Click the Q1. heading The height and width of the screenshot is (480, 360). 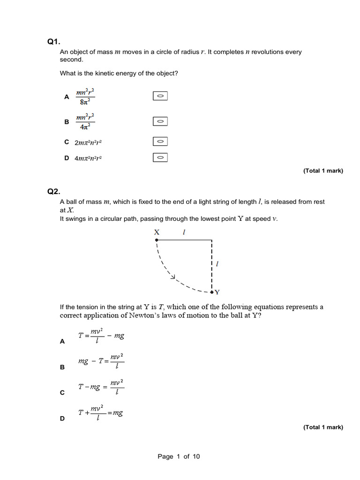54,42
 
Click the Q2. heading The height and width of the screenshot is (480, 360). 54,191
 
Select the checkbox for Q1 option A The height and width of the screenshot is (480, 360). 160,96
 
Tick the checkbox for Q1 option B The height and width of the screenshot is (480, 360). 160,121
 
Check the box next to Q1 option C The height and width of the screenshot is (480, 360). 160,141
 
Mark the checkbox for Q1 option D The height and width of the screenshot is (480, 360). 160,157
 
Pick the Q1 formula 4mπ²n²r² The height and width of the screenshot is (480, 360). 88,158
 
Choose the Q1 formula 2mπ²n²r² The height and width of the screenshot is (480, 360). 88,142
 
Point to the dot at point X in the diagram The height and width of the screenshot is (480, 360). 157,240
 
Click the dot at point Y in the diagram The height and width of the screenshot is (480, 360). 212,292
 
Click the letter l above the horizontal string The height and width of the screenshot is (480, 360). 184,232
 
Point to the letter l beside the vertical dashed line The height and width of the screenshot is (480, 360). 217,264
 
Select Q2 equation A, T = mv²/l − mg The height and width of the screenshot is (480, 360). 101,336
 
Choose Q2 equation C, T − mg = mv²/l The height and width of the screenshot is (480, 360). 101,387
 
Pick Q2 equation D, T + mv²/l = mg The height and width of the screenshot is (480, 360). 101,412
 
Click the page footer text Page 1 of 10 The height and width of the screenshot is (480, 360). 179,457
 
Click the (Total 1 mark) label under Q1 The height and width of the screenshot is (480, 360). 323,171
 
